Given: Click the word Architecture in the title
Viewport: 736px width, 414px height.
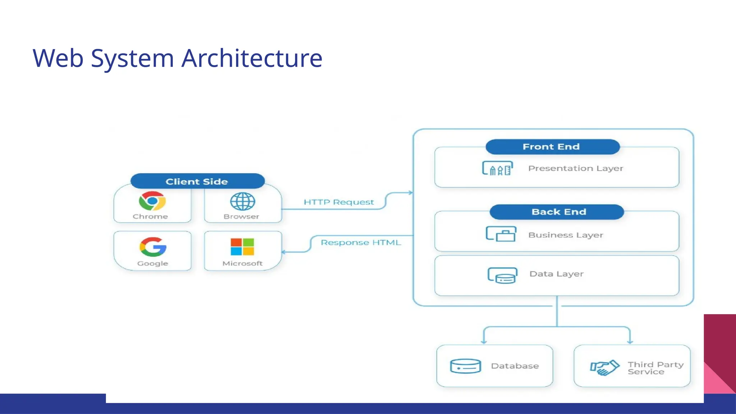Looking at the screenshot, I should (252, 58).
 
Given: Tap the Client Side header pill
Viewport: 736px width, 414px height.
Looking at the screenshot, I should (197, 181).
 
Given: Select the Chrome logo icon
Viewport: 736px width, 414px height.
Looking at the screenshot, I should (152, 201).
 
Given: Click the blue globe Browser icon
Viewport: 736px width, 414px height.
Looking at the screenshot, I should (243, 201).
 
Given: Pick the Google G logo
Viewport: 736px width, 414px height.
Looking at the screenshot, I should (153, 247).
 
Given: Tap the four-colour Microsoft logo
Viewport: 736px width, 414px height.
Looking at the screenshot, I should (242, 247).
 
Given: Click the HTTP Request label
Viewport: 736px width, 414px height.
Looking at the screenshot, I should (339, 202).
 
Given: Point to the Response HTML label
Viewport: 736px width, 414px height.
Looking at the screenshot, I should (360, 243).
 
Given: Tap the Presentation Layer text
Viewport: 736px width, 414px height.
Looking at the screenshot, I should (575, 168).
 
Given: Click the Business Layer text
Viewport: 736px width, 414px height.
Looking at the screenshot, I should (565, 235).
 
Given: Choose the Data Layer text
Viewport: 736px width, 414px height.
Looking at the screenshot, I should (556, 274).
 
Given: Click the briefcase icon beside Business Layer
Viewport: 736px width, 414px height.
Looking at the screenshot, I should (501, 234).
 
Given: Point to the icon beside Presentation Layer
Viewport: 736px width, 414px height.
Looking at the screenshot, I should (497, 168).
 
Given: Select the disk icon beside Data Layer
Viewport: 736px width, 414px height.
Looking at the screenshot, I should (502, 276).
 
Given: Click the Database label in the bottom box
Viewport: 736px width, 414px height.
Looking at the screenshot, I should (515, 366).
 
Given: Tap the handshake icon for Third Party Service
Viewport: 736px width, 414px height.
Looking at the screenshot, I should (604, 368).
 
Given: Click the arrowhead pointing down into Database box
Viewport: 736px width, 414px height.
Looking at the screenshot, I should (484, 342).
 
